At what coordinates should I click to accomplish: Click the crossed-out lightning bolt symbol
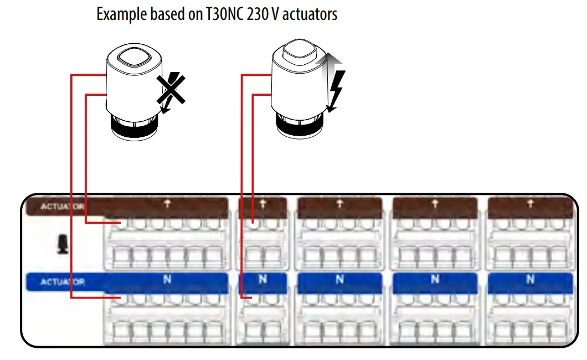click(x=170, y=91)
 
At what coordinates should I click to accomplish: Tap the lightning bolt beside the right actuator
click(x=336, y=83)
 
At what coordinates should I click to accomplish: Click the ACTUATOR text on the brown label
click(x=63, y=207)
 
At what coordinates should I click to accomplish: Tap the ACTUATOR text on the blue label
click(x=63, y=282)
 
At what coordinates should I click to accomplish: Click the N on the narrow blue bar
click(x=262, y=280)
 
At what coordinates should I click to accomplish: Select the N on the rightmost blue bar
click(x=530, y=280)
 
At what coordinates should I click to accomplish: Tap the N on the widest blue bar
click(x=167, y=280)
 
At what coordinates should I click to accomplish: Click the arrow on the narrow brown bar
click(x=262, y=204)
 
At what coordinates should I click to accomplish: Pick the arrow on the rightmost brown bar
click(x=530, y=204)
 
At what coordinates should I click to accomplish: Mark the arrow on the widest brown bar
click(x=167, y=204)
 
